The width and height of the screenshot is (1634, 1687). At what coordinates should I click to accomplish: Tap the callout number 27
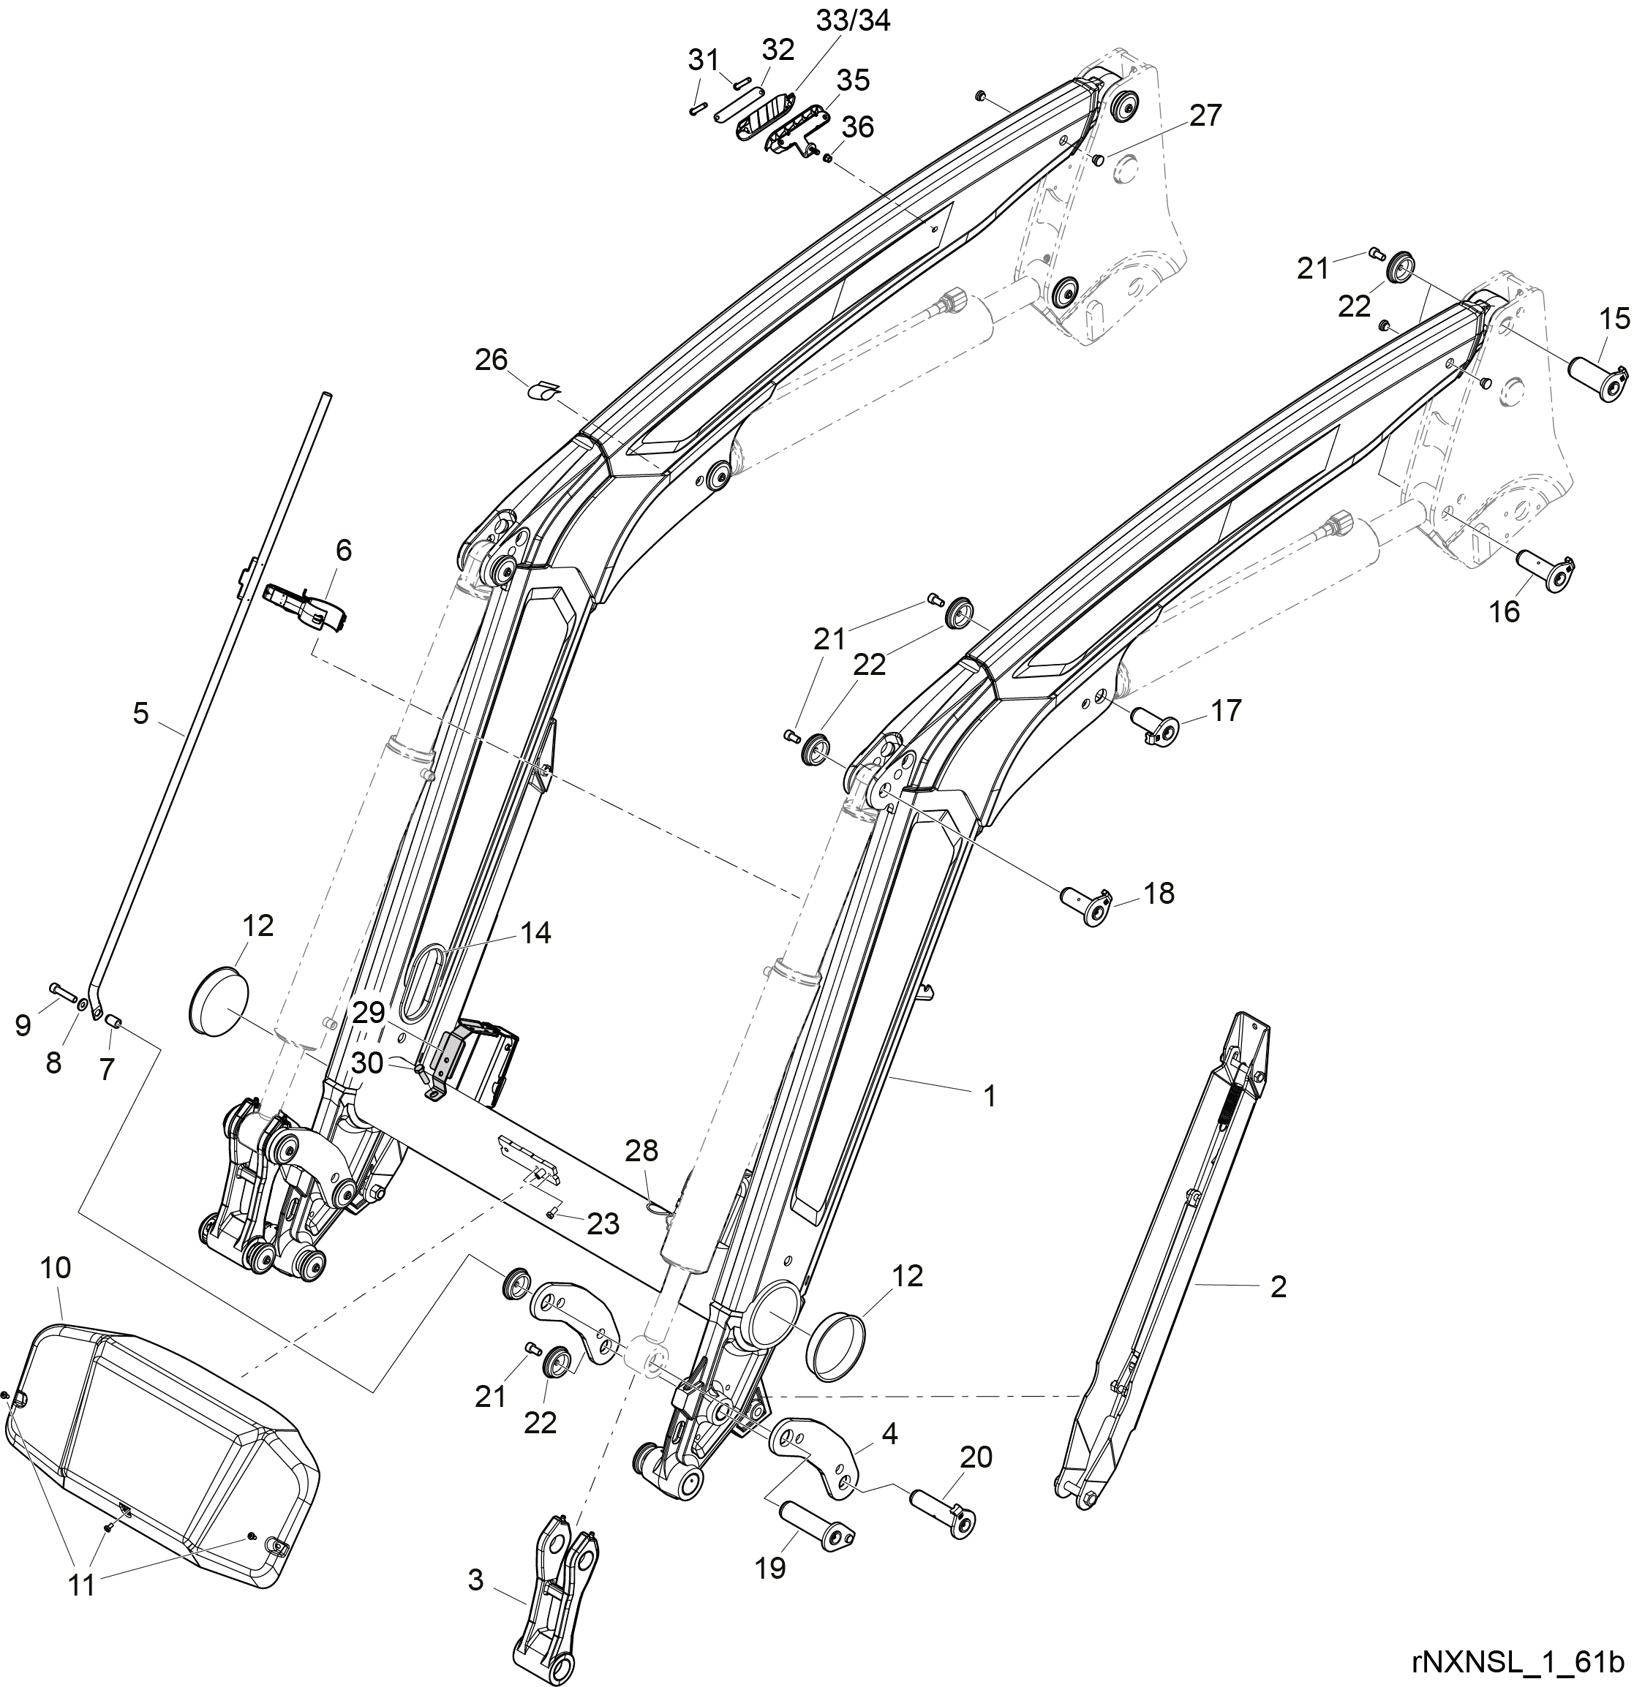(x=1205, y=116)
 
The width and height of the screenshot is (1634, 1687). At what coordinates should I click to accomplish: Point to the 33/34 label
(x=852, y=20)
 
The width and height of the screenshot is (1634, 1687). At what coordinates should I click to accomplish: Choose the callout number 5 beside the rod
(x=140, y=713)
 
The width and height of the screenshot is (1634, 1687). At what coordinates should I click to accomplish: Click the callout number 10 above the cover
(x=57, y=1268)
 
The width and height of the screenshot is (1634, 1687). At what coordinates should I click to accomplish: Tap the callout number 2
(x=1279, y=1287)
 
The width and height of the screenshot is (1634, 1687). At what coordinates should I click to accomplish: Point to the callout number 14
(x=535, y=932)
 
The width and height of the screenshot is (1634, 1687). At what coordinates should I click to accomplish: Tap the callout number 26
(x=492, y=359)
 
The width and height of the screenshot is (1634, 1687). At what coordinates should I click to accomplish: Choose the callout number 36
(x=857, y=127)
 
